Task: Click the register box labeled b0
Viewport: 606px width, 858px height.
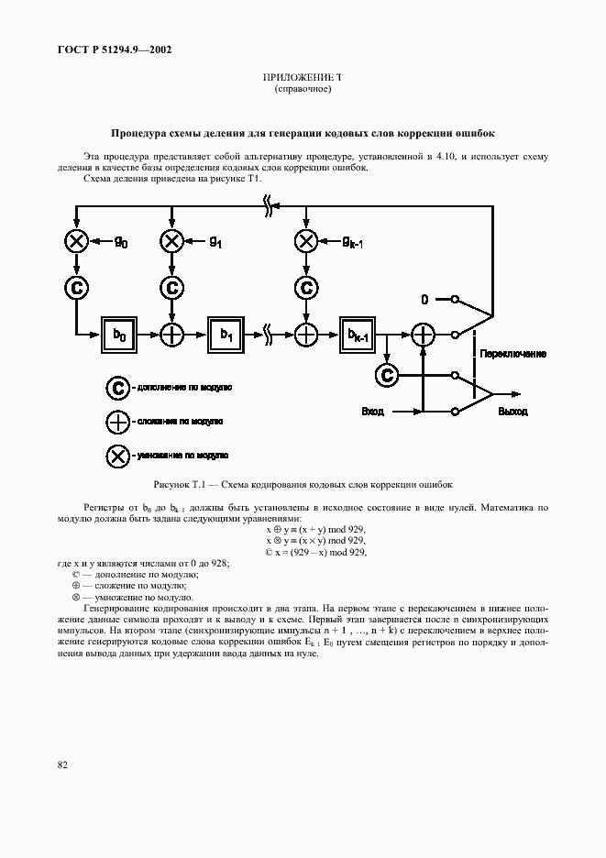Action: point(119,335)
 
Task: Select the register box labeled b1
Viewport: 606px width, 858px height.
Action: point(226,335)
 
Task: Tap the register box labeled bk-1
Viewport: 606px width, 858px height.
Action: point(358,335)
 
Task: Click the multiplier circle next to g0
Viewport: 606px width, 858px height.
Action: point(77,241)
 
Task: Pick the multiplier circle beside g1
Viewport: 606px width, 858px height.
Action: point(171,241)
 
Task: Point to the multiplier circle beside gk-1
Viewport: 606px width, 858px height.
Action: point(306,241)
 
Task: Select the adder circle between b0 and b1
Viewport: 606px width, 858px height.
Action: point(171,335)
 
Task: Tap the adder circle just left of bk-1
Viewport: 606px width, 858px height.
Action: point(306,335)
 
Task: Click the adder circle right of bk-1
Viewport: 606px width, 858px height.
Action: point(422,335)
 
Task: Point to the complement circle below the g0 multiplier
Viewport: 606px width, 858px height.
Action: point(77,287)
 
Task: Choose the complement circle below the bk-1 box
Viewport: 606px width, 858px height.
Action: point(387,374)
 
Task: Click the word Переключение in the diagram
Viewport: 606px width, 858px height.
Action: point(514,353)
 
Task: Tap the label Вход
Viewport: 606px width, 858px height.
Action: point(373,412)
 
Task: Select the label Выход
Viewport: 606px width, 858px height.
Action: point(512,412)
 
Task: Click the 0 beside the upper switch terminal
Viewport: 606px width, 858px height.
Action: point(424,299)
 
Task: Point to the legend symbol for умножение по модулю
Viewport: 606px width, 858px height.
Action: point(117,454)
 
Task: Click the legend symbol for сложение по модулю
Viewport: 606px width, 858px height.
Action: point(117,421)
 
